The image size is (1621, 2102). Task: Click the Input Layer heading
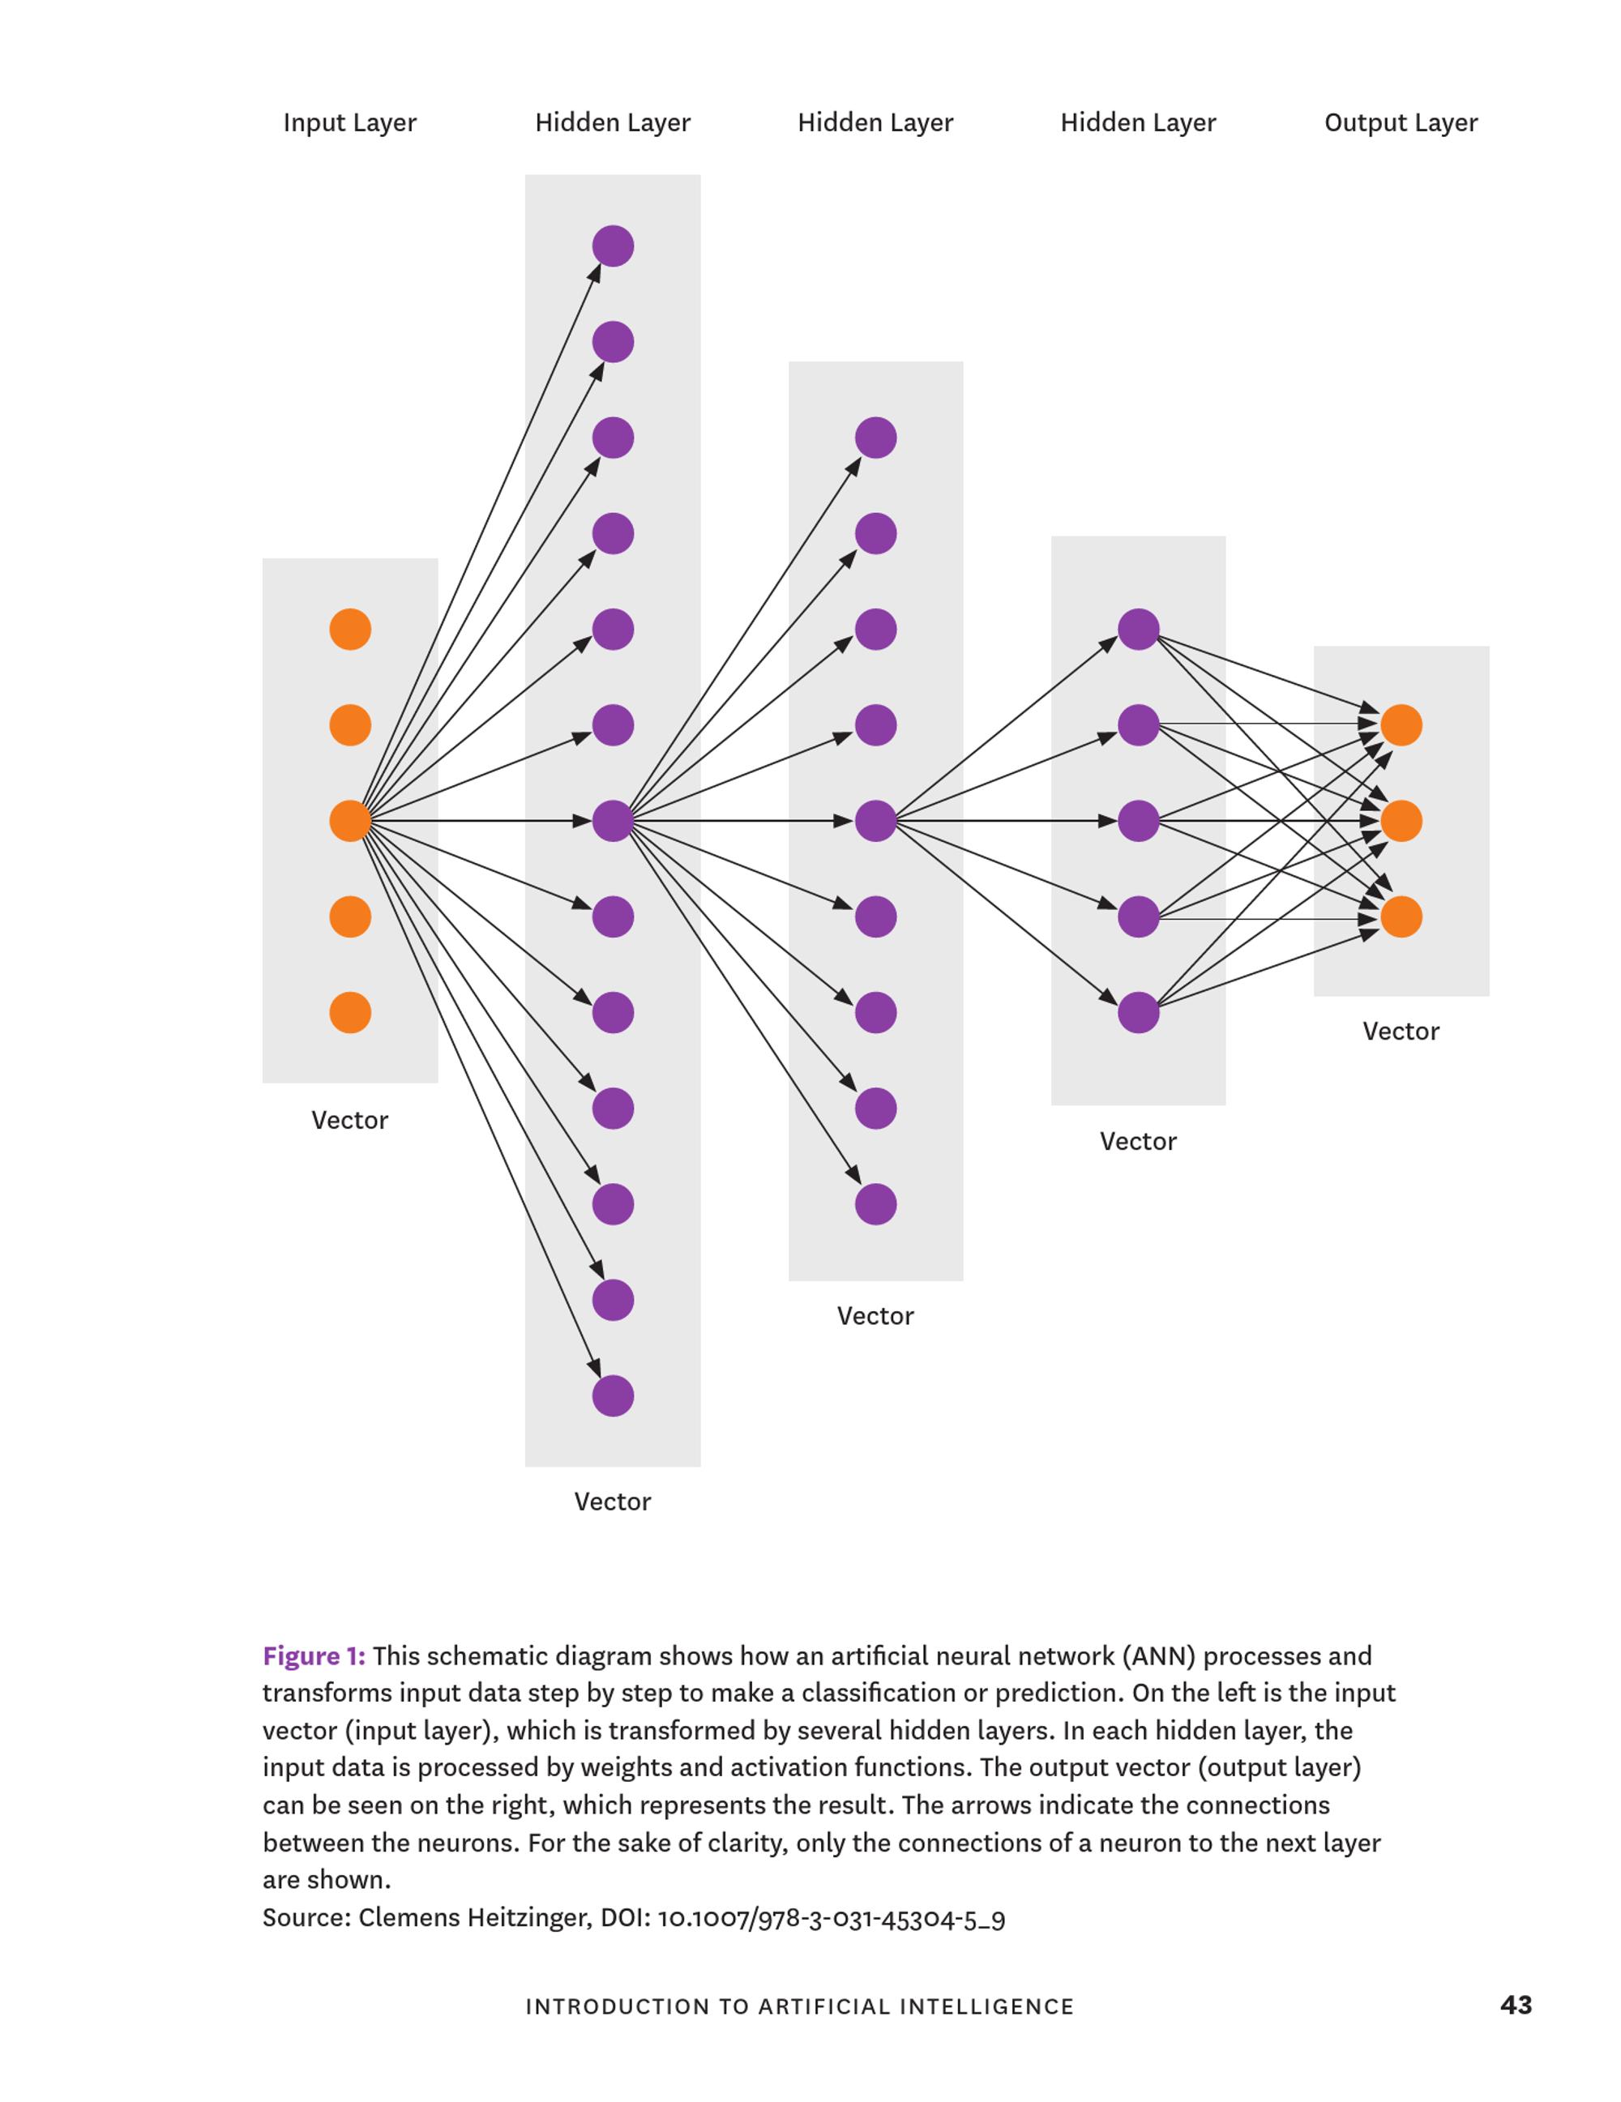tap(349, 123)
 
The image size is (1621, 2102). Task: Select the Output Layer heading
tap(1401, 123)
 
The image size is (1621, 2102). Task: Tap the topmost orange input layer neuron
tap(350, 630)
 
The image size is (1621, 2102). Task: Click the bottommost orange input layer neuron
tap(350, 1012)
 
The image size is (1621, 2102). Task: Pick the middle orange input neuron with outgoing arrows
tap(350, 821)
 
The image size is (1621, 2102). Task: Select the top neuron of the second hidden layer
tap(876, 438)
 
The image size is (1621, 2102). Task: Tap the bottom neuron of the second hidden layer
tap(876, 1204)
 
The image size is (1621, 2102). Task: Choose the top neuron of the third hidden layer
tap(1139, 630)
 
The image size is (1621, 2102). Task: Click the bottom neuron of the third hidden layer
tap(1139, 1012)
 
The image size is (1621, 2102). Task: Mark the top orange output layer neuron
tap(1401, 724)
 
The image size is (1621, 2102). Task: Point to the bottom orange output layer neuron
tap(1401, 917)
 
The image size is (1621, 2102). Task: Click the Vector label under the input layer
tap(349, 1121)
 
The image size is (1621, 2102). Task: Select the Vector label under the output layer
tap(1401, 1032)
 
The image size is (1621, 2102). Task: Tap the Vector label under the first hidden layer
tap(612, 1502)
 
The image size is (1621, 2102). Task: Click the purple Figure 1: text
tap(314, 1656)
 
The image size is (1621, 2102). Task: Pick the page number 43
tap(1515, 2005)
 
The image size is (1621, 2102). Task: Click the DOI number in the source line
tap(831, 1918)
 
